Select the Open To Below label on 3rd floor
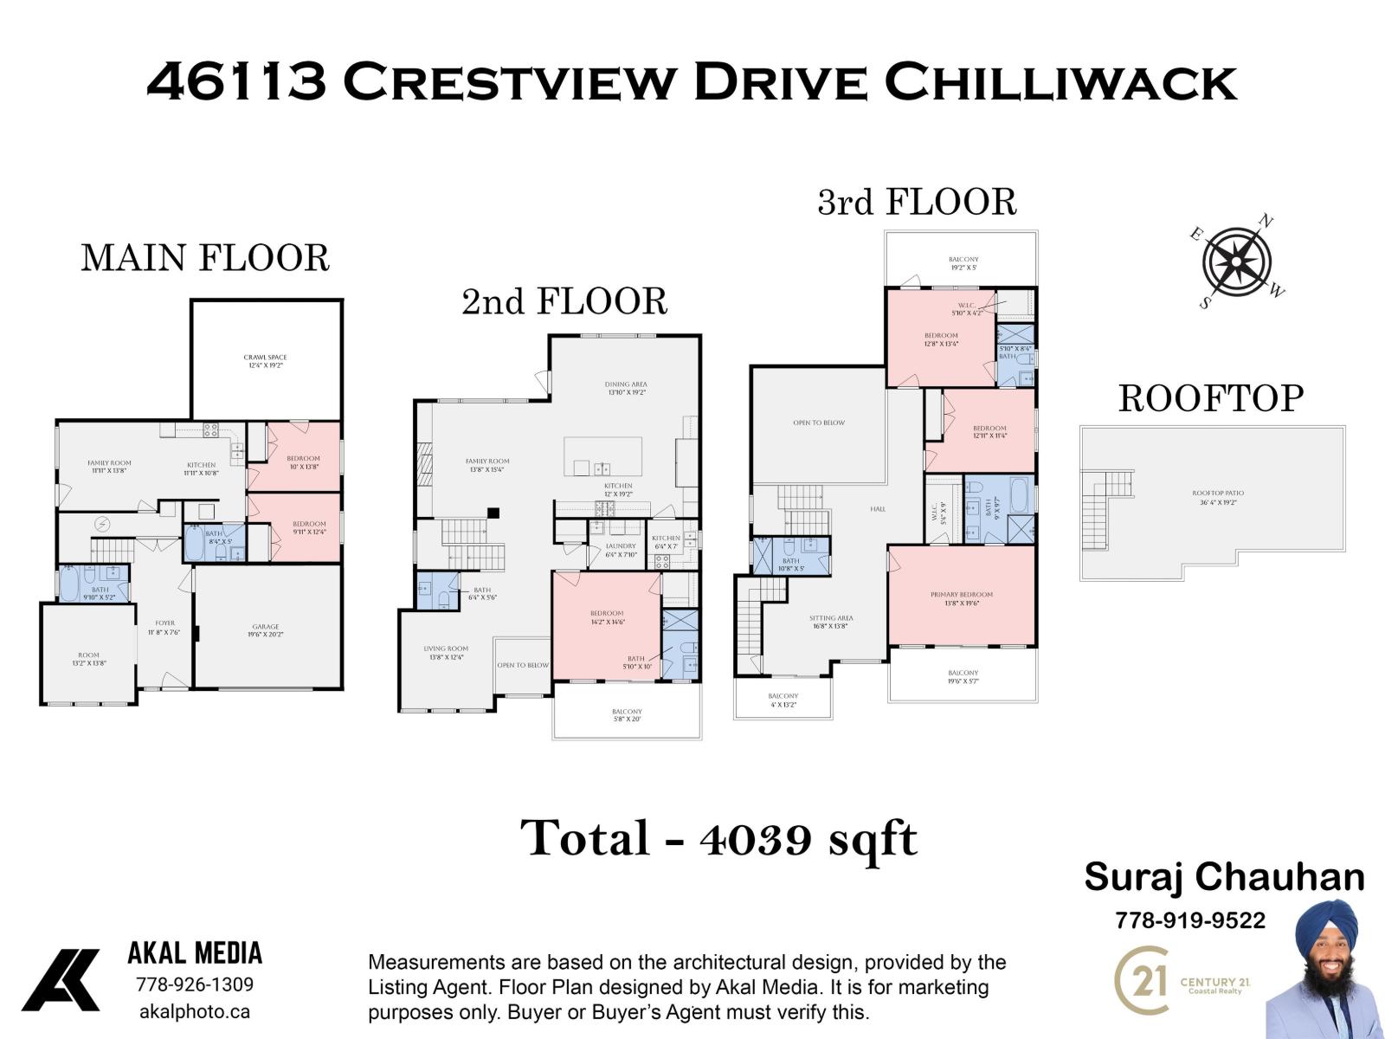click(819, 423)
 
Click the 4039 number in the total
click(756, 838)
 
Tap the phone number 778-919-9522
click(1189, 920)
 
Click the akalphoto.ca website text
click(195, 1011)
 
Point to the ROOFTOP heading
click(1210, 399)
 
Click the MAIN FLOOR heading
click(205, 258)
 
